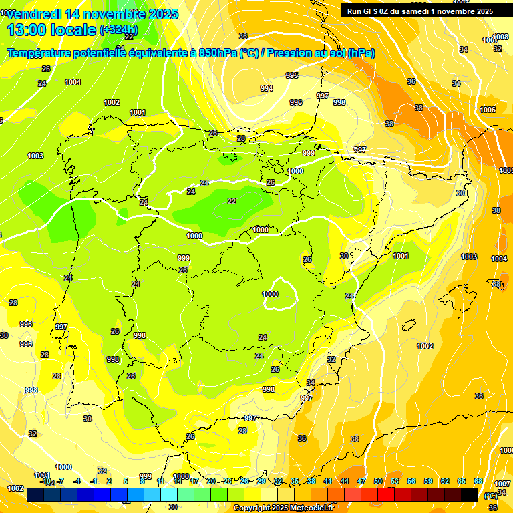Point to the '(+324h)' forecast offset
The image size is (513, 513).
(x=118, y=30)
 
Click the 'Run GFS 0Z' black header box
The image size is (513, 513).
(x=419, y=11)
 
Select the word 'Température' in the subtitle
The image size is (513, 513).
(x=42, y=53)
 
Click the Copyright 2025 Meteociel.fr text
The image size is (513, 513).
(x=283, y=508)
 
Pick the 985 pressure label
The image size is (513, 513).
(x=292, y=75)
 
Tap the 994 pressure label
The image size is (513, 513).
(x=267, y=88)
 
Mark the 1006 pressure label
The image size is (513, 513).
(x=488, y=110)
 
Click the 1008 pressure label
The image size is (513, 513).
(x=500, y=37)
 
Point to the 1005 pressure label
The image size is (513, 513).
(x=506, y=170)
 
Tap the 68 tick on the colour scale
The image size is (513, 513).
(x=478, y=481)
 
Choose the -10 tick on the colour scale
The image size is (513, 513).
(x=45, y=481)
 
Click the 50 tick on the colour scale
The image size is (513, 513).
(x=378, y=481)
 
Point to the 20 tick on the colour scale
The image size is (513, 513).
(x=211, y=481)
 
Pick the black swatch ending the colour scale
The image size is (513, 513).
(x=470, y=494)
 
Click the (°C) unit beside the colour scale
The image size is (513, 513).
(x=490, y=496)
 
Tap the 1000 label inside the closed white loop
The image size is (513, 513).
(x=270, y=294)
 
